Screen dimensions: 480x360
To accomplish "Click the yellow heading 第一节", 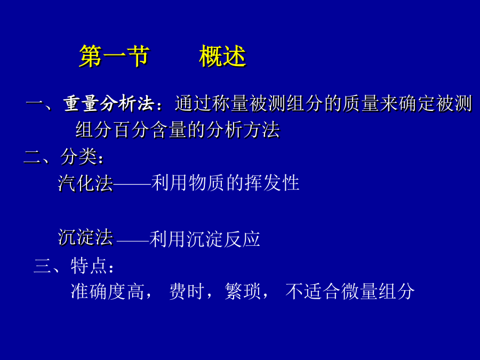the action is (x=115, y=57).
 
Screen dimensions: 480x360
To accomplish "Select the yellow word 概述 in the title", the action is (x=222, y=57).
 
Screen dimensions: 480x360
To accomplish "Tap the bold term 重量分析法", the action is (x=109, y=103).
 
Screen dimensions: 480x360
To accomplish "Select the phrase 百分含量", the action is (x=150, y=130).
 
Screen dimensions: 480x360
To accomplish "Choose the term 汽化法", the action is (x=85, y=183).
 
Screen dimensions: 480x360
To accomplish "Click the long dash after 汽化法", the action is (x=132, y=185).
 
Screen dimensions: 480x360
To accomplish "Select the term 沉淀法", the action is (x=85, y=237).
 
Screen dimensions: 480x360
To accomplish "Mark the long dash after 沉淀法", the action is (x=133, y=241).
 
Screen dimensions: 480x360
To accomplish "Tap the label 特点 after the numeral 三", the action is (x=89, y=266).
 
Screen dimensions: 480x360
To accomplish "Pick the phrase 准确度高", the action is (x=107, y=291).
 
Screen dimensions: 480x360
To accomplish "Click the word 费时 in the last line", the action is (x=187, y=291).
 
